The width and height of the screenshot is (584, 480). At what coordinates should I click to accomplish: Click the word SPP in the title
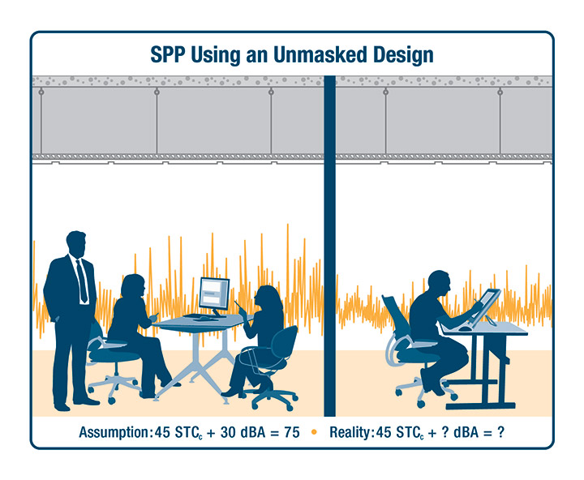(168, 55)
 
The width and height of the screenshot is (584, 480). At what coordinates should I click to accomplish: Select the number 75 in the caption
(292, 432)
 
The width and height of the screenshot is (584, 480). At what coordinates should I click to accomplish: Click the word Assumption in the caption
(114, 433)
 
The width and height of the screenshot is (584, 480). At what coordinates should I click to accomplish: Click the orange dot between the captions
(314, 432)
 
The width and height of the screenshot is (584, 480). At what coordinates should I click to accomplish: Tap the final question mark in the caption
(501, 432)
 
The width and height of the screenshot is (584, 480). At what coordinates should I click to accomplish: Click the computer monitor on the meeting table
(214, 297)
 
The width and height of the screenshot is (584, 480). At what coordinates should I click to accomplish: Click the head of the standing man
(76, 244)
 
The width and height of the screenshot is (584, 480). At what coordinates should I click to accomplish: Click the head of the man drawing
(440, 283)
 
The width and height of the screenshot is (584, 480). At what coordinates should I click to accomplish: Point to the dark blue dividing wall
(329, 246)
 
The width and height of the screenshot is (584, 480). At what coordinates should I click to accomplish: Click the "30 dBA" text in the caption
(243, 432)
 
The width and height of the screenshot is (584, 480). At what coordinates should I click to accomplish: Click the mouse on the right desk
(465, 328)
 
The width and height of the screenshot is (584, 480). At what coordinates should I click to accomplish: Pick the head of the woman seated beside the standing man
(134, 286)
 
